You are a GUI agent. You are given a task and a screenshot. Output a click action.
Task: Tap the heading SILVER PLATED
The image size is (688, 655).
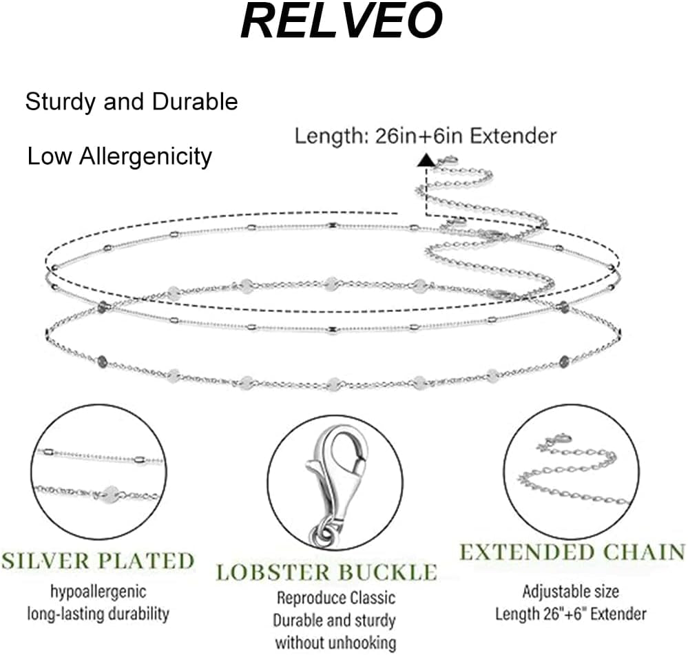click(x=97, y=560)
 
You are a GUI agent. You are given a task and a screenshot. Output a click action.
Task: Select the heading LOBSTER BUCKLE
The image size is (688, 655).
click(x=326, y=572)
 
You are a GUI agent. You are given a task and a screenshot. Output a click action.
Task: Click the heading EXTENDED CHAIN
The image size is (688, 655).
click(x=572, y=552)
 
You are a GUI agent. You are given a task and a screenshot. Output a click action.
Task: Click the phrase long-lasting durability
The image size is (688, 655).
click(x=97, y=613)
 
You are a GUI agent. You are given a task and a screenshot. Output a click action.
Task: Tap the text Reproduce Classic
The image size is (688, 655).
click(x=335, y=598)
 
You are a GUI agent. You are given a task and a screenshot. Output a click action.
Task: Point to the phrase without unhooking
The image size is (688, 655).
click(x=335, y=643)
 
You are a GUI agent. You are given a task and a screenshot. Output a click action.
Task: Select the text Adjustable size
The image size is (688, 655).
click(x=570, y=591)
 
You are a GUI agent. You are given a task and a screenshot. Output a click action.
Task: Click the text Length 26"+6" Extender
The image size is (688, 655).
click(x=570, y=613)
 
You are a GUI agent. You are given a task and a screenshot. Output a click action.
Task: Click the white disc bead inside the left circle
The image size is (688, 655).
click(x=110, y=493)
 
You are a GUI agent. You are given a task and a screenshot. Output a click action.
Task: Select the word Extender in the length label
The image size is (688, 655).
click(x=515, y=136)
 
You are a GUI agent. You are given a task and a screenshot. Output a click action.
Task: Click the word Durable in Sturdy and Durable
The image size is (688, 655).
click(x=195, y=102)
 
